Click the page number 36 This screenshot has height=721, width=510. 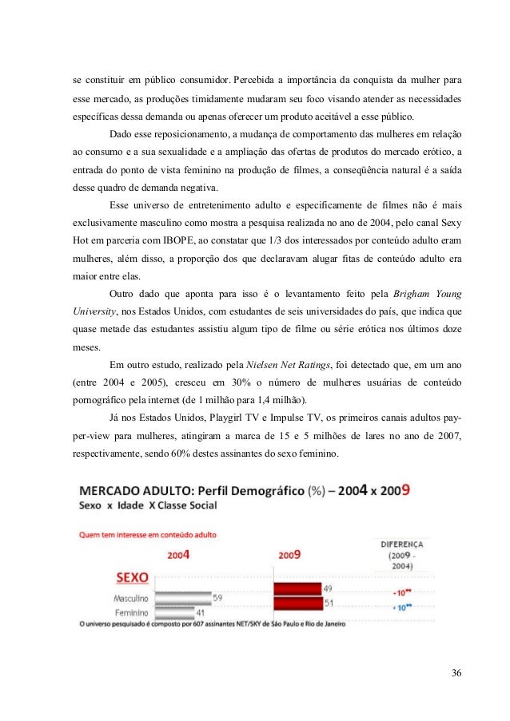pyautogui.click(x=456, y=671)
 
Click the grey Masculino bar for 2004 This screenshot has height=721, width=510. pyautogui.click(x=182, y=596)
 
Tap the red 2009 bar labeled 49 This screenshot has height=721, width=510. pyautogui.click(x=297, y=589)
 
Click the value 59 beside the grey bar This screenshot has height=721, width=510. pyautogui.click(x=218, y=596)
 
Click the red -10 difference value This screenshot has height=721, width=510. pyautogui.click(x=402, y=593)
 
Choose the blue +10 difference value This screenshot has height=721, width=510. pyautogui.click(x=402, y=608)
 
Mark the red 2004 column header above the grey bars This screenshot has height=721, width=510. pyautogui.click(x=179, y=553)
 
